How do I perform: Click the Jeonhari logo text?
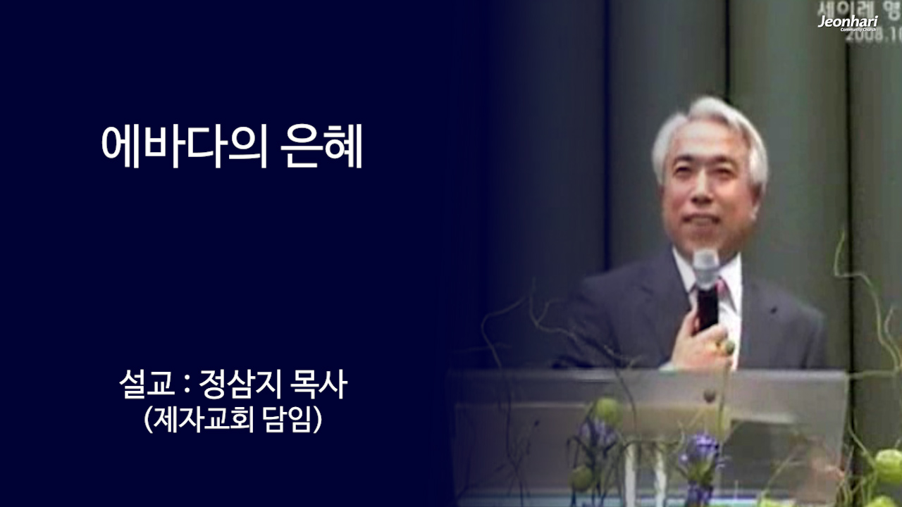pyautogui.click(x=848, y=21)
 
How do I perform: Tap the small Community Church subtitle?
pyautogui.click(x=859, y=30)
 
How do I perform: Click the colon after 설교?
pyautogui.click(x=186, y=386)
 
